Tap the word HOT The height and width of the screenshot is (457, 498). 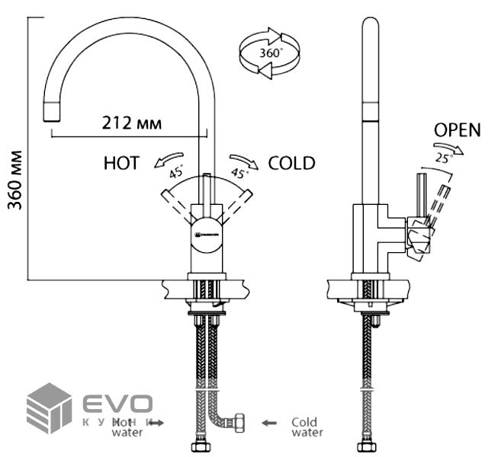click(x=122, y=163)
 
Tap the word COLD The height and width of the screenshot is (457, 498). click(x=291, y=163)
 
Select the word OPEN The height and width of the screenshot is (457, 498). click(x=458, y=129)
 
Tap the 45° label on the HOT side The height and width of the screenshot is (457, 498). click(x=177, y=172)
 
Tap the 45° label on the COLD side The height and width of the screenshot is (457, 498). click(x=239, y=172)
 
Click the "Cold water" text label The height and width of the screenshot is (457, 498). click(x=307, y=427)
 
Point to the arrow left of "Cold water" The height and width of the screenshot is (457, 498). click(x=268, y=422)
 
